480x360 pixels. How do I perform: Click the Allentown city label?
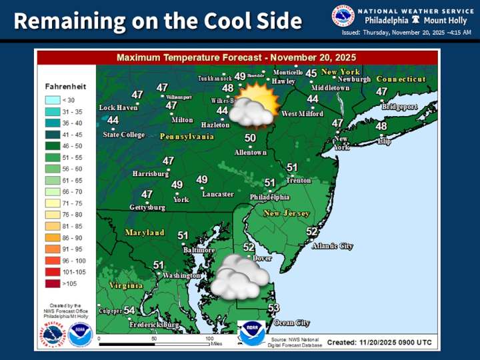250,152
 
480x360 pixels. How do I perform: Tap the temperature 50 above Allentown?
250,138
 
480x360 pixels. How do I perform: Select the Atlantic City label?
332,246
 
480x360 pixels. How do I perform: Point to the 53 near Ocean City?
273,308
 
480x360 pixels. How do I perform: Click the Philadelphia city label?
269,197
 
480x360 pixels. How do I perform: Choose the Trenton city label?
298,181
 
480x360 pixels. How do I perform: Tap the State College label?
123,135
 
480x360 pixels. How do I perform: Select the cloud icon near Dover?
239,277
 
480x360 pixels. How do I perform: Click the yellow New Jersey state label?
287,213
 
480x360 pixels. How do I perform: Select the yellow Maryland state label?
145,233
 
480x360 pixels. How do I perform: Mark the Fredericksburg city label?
155,325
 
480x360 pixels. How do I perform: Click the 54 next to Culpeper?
129,311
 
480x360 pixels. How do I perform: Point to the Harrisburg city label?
151,174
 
